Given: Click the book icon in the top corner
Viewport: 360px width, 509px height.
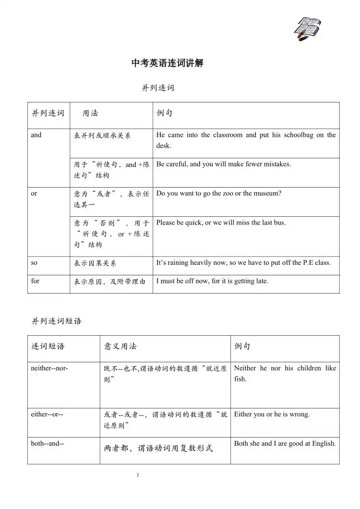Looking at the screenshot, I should pos(307,28).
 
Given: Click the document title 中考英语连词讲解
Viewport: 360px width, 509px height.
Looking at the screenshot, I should pos(168,63).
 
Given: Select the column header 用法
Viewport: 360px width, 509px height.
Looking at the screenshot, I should pos(91,114).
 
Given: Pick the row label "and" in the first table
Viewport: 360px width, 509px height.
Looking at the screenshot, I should pos(36,135).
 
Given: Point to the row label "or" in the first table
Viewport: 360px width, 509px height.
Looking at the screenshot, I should pos(34,194).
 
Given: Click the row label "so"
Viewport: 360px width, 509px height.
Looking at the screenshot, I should pos(34,263).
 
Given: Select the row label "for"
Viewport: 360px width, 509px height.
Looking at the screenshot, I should pos(35,281).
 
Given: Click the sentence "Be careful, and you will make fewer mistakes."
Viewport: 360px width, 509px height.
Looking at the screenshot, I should pos(224,164).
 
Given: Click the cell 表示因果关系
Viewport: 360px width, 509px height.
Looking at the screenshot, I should pos(95,263).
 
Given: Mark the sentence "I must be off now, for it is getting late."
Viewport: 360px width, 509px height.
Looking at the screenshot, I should pos(212,281).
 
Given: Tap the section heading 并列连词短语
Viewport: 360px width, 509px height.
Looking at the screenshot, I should pos(57,321).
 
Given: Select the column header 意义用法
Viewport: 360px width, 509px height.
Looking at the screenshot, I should pos(120,346).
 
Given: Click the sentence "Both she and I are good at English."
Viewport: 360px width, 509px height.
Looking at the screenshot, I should pos(285,444).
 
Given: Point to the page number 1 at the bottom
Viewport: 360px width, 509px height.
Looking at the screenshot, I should pos(138,475).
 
